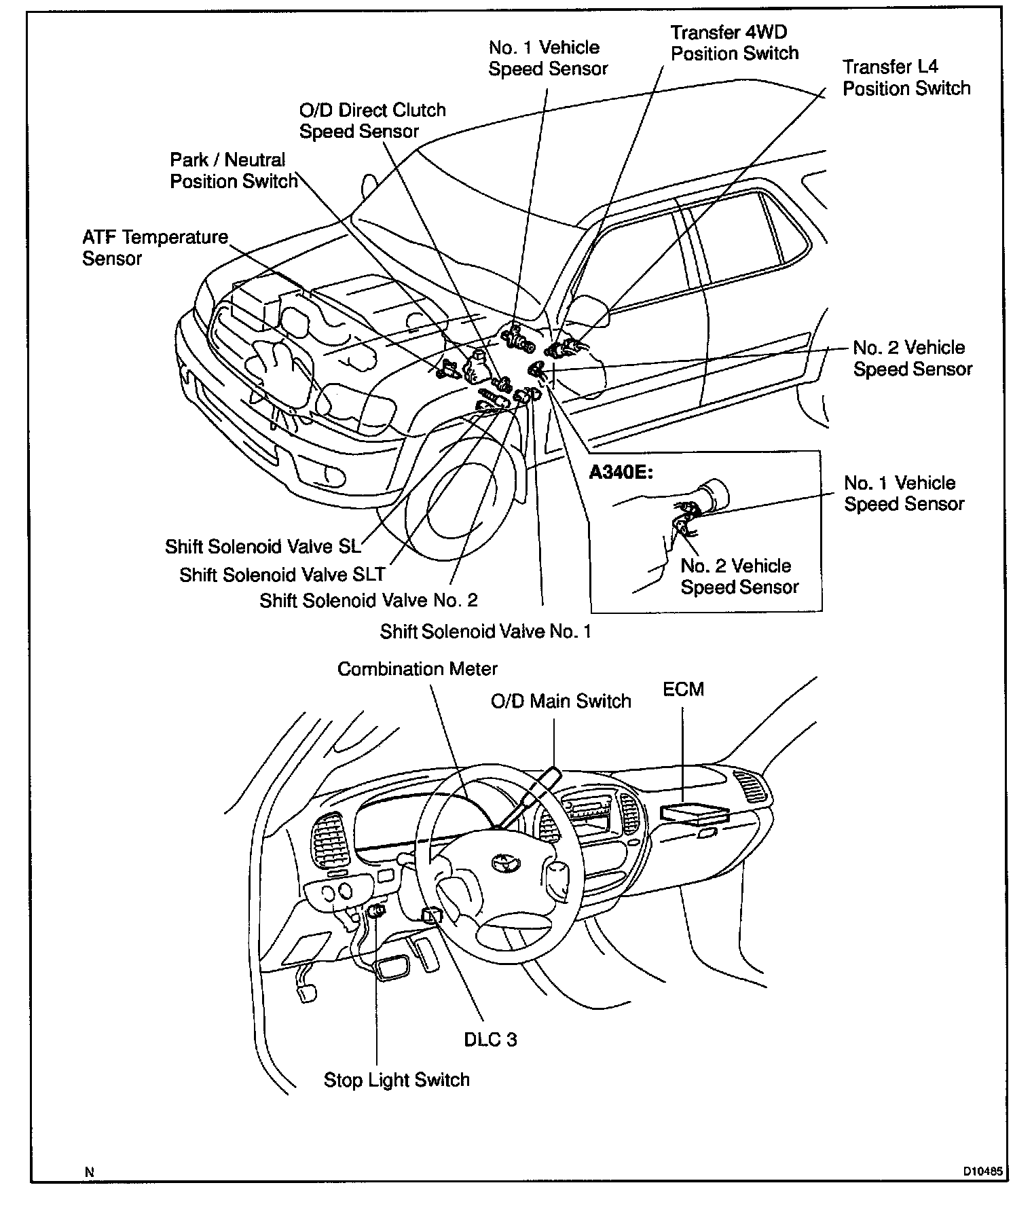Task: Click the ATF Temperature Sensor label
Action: [155, 248]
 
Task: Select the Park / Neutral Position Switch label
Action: [234, 170]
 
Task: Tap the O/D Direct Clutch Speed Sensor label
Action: [372, 121]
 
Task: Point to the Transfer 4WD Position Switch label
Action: [735, 43]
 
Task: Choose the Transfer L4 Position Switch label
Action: [906, 77]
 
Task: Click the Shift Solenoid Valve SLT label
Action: [282, 575]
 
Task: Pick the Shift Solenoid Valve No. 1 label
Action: [485, 632]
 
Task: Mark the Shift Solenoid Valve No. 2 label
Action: [369, 600]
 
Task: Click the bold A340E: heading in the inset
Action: [621, 472]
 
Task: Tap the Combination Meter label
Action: [417, 669]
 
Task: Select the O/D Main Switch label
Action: [561, 701]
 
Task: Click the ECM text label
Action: [683, 689]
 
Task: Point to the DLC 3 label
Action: [490, 1039]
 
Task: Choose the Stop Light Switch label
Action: [397, 1080]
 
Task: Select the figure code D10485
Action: [982, 1171]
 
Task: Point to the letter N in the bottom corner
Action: [89, 1171]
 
